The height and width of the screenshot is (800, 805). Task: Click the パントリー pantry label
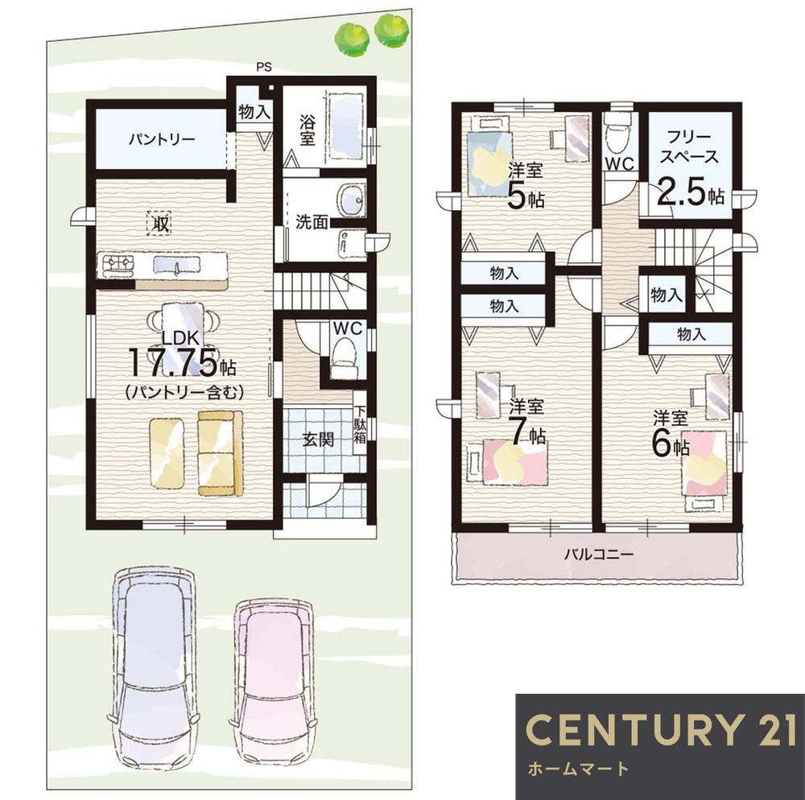click(x=161, y=139)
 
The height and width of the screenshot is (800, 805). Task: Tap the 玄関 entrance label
click(x=318, y=439)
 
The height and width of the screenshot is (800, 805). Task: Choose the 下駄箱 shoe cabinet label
click(x=360, y=424)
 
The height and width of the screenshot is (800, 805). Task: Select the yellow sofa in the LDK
click(x=221, y=453)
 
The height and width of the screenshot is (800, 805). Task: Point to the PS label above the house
click(x=264, y=67)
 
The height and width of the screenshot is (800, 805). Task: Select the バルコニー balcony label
click(x=599, y=555)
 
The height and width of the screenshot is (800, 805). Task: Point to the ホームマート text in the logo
click(x=578, y=768)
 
